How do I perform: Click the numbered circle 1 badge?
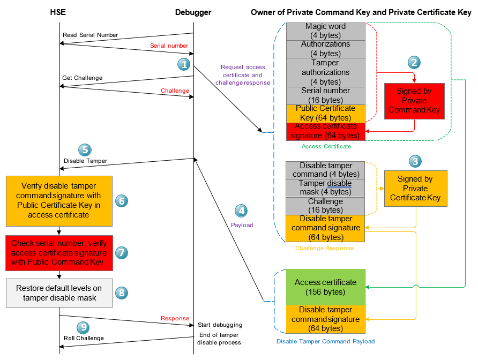(184, 64)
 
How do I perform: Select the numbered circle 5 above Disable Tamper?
(85, 150)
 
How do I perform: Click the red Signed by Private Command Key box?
(414, 101)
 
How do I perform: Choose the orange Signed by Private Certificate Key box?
(415, 189)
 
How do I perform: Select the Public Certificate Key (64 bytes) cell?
(325, 113)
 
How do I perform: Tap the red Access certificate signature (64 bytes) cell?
(325, 131)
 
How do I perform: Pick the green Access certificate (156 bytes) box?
(325, 287)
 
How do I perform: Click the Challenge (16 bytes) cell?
(325, 206)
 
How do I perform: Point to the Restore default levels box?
(59, 292)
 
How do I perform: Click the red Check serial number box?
(59, 252)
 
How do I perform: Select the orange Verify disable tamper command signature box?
(59, 200)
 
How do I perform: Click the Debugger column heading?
(193, 12)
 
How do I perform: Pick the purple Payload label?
(242, 225)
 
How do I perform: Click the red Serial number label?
(169, 46)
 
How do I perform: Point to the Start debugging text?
(220, 325)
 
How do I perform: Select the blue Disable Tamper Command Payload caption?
(325, 341)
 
